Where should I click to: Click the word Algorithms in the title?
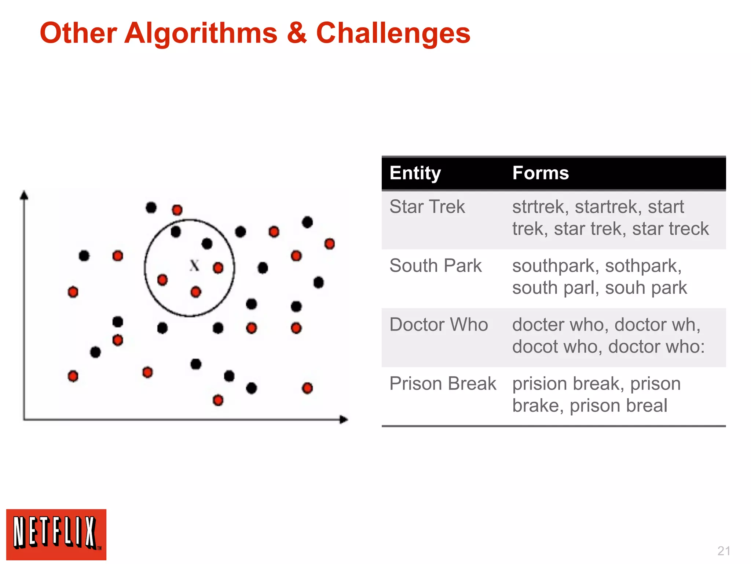(x=201, y=33)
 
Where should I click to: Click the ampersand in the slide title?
(x=297, y=33)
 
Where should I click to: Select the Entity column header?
(x=415, y=173)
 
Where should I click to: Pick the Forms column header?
(x=541, y=173)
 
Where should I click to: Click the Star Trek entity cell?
(x=427, y=207)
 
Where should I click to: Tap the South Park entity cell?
(x=435, y=266)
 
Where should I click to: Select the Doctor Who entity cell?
(x=439, y=325)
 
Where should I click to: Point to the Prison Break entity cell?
(x=443, y=384)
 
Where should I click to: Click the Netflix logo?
(x=56, y=535)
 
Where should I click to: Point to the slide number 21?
(x=723, y=551)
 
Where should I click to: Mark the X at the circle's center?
(x=194, y=265)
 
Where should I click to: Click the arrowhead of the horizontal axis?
(x=344, y=419)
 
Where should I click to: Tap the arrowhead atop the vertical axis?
(x=24, y=195)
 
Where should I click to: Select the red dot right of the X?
(x=218, y=268)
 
